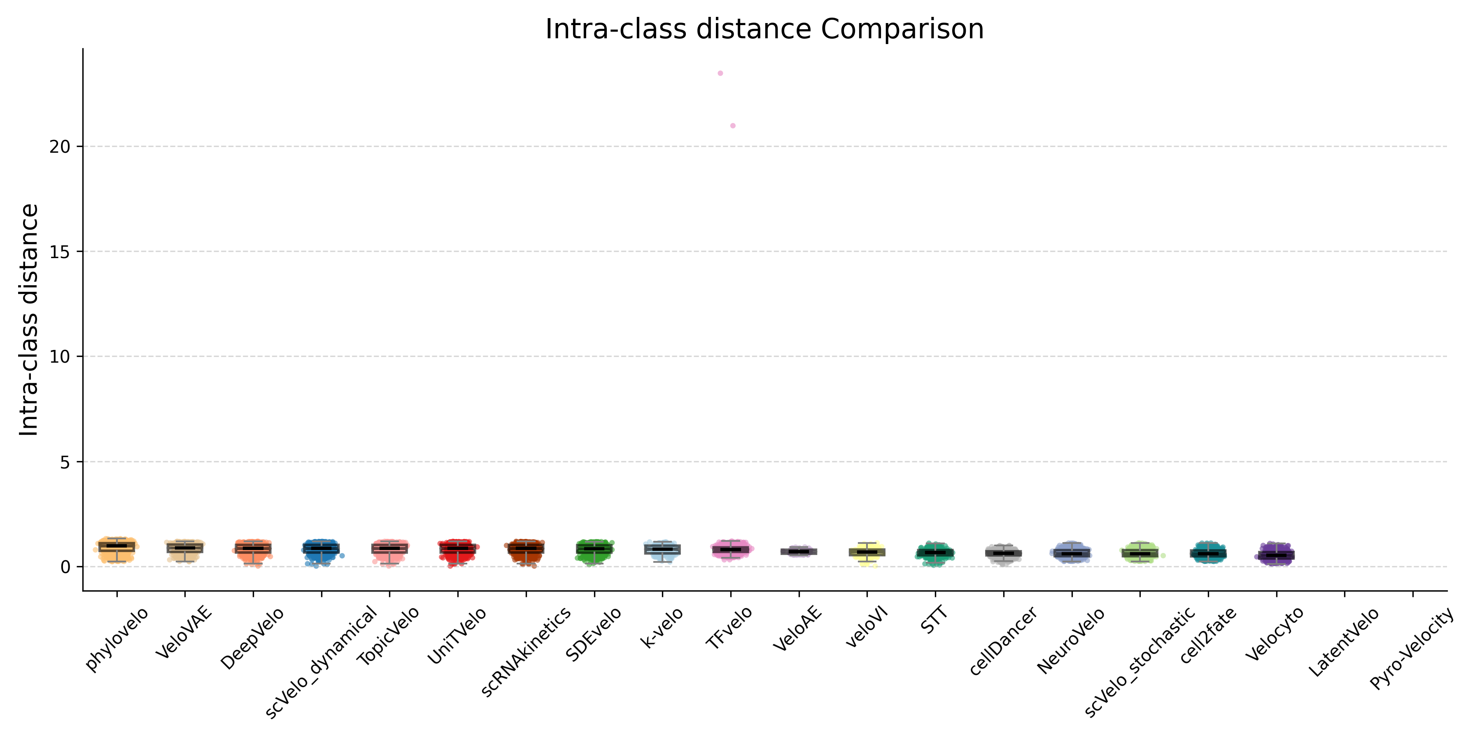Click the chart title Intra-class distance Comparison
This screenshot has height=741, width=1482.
764,29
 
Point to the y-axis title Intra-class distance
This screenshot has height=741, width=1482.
29,320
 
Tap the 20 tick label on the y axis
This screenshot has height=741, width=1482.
60,147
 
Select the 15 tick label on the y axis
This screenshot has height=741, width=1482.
60,252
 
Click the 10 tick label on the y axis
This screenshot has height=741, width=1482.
60,357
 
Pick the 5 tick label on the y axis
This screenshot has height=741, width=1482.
65,462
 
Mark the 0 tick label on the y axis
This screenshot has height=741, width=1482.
65,567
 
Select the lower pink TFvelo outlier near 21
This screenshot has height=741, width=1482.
733,126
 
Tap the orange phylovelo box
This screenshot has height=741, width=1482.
117,547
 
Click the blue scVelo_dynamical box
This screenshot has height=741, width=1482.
322,549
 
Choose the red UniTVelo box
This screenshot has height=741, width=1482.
458,549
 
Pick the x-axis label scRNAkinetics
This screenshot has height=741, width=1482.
526,651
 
